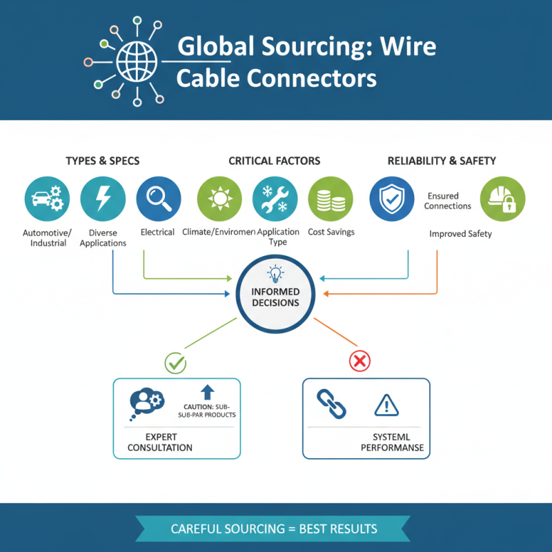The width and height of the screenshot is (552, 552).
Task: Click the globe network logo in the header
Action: [137, 61]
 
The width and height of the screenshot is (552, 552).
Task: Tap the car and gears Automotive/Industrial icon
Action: [46, 199]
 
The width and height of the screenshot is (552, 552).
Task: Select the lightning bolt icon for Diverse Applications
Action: [103, 199]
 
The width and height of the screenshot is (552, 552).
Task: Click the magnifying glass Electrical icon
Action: [159, 199]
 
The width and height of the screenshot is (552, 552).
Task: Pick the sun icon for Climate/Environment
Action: [219, 199]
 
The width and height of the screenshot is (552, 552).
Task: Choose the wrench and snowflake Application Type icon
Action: [275, 199]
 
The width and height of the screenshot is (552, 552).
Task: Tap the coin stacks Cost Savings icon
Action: [330, 199]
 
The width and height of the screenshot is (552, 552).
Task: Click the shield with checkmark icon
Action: [391, 199]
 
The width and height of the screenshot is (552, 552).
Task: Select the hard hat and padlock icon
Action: [502, 199]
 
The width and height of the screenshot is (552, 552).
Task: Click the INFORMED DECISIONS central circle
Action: [275, 294]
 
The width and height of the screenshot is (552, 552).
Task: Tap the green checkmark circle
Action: [176, 360]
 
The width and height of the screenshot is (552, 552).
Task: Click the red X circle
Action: [360, 360]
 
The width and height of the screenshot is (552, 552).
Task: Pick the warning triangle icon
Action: [386, 404]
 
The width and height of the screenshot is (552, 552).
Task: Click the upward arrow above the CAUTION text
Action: [208, 392]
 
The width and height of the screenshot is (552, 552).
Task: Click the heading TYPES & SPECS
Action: [102, 161]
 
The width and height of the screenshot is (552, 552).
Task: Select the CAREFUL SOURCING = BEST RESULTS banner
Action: [275, 529]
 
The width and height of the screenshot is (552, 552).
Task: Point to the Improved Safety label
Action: [460, 234]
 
